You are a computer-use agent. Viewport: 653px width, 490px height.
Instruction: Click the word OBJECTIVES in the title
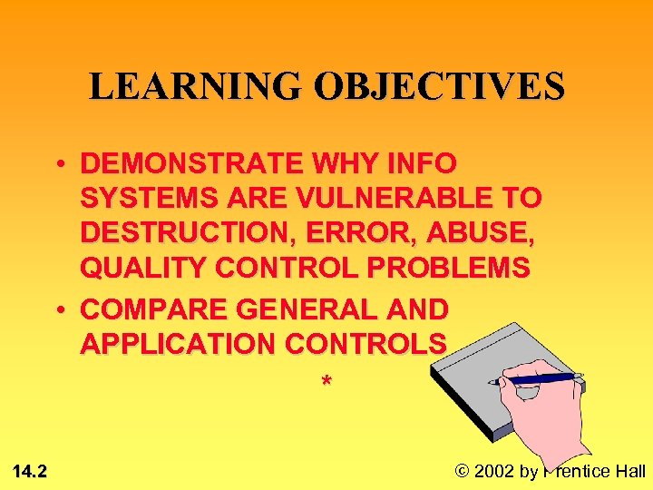(x=439, y=86)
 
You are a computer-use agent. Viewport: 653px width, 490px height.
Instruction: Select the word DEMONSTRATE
(x=190, y=164)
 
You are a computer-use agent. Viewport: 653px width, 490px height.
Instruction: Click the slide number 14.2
(x=31, y=470)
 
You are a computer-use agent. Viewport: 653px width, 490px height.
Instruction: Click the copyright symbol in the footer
(x=462, y=470)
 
